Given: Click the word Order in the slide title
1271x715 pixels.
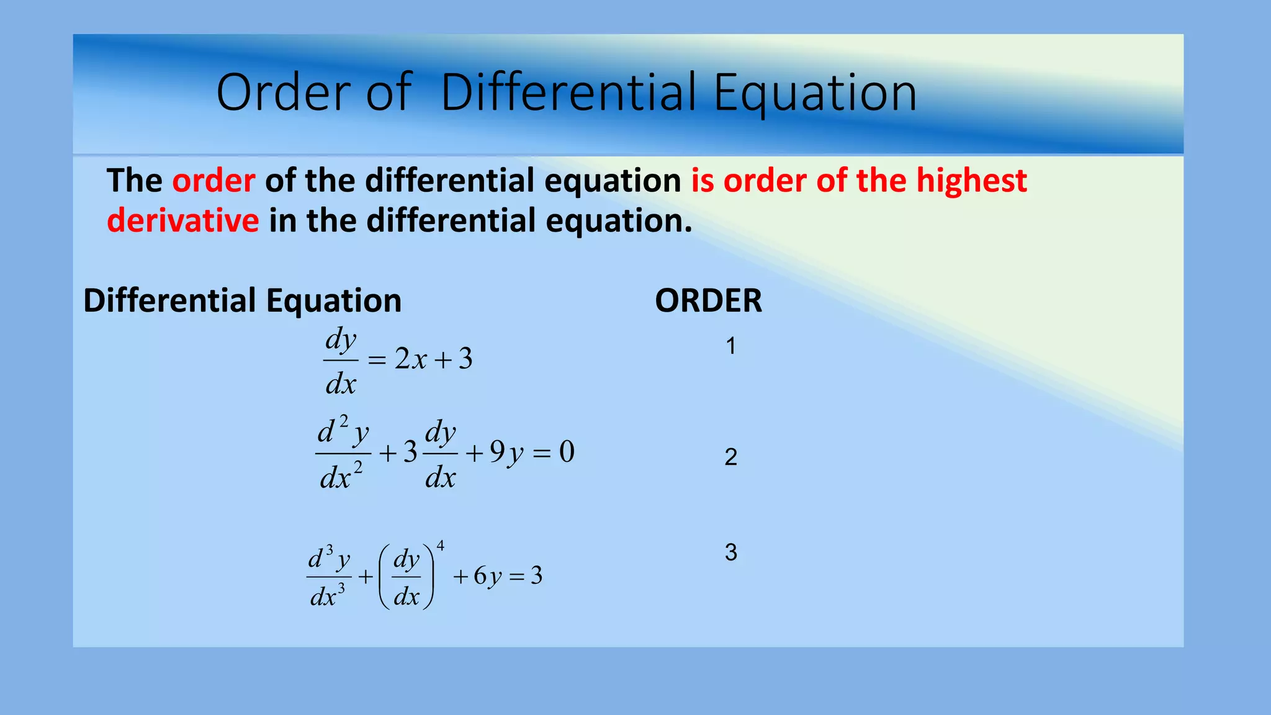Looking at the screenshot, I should (283, 93).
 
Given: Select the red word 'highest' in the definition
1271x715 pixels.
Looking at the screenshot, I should (971, 181).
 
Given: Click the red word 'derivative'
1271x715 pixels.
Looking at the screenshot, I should (183, 221).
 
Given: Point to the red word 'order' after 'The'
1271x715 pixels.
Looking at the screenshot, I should (213, 181).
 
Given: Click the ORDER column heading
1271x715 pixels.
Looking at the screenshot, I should (708, 301).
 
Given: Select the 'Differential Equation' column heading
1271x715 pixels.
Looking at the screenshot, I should (242, 301).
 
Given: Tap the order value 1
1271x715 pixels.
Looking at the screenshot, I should (731, 346).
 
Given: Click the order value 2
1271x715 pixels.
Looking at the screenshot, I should (731, 457).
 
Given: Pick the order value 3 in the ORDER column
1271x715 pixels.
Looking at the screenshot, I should (731, 552).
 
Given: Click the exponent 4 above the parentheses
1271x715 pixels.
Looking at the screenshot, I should (441, 546).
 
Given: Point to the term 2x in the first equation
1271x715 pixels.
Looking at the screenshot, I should (411, 359).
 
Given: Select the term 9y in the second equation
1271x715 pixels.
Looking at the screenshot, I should (506, 452).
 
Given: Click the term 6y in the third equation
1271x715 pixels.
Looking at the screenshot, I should (487, 577).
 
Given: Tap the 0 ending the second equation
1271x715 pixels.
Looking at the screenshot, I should (567, 452).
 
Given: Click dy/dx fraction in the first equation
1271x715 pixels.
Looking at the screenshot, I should (341, 361).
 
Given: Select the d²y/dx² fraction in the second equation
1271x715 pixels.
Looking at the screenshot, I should (342, 454).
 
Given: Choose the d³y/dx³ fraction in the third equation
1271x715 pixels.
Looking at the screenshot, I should (328, 577).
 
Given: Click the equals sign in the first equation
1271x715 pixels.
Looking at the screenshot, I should (377, 360).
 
